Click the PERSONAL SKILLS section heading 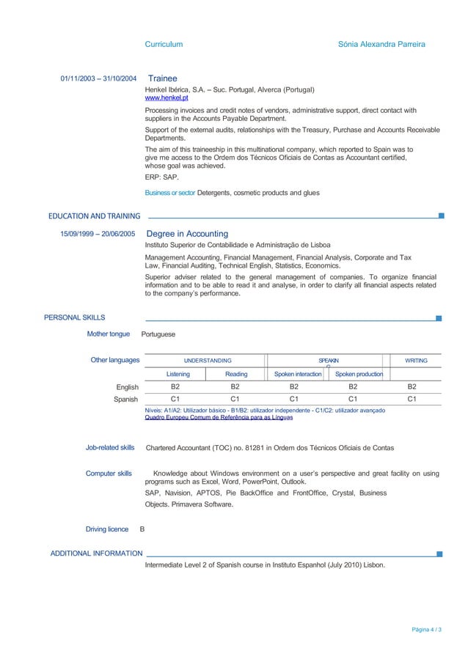click(x=75, y=317)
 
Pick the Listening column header click(x=178, y=374)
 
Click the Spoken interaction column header click(x=298, y=374)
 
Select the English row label click(x=128, y=386)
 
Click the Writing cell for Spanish click(x=412, y=399)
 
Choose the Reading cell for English click(x=235, y=386)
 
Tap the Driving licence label click(x=107, y=529)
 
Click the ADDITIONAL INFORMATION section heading click(x=96, y=553)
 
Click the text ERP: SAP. click(x=162, y=177)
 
